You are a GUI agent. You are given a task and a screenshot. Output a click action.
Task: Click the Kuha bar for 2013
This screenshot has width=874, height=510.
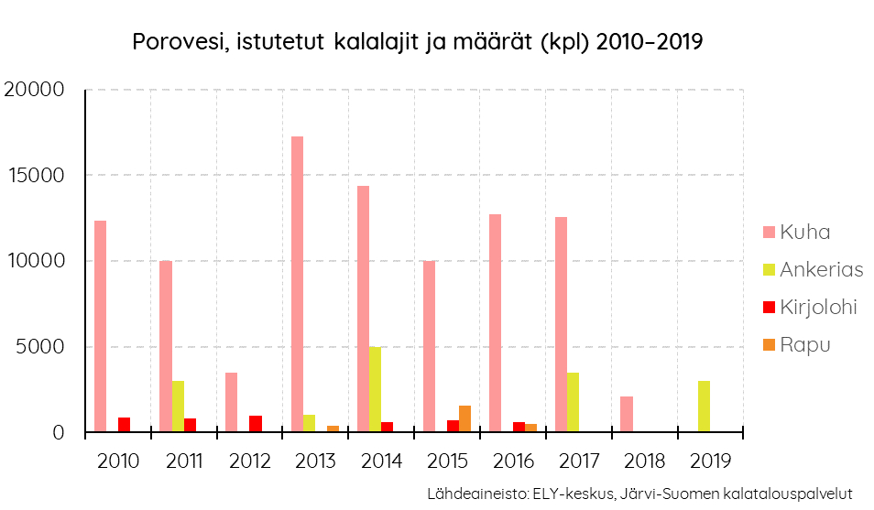pyautogui.click(x=297, y=284)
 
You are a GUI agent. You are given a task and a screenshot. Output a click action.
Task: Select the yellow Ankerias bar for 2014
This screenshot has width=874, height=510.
pyautogui.click(x=375, y=389)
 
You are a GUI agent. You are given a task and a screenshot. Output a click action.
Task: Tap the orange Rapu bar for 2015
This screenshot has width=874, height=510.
pyautogui.click(x=464, y=418)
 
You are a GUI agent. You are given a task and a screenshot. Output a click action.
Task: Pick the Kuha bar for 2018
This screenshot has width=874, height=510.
pyautogui.click(x=627, y=414)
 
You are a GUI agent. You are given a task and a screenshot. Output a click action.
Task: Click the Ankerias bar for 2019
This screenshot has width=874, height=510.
pyautogui.click(x=704, y=407)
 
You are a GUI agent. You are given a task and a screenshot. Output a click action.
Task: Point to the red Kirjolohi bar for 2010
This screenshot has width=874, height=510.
pyautogui.click(x=124, y=425)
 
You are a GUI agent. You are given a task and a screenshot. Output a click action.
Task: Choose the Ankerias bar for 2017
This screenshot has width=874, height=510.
pyautogui.click(x=573, y=402)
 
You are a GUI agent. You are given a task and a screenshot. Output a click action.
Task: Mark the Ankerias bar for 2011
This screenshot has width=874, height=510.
pyautogui.click(x=178, y=407)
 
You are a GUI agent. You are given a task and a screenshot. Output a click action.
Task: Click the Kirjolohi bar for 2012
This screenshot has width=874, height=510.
pyautogui.click(x=256, y=424)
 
